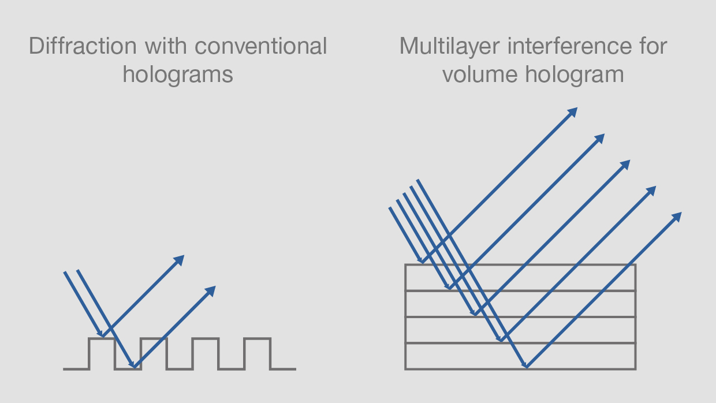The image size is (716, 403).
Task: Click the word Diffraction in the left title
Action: pos(83,46)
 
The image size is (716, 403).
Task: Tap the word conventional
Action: pos(261,46)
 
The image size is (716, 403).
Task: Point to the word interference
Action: pos(569,46)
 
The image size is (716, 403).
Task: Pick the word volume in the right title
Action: pos(480,74)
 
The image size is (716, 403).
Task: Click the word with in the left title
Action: pos(166,46)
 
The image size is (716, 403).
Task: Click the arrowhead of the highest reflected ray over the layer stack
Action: pos(573,112)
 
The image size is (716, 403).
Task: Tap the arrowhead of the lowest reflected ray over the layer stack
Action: pos(677,217)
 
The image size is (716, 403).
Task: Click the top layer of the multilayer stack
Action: pos(520,278)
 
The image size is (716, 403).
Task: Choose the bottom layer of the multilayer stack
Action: pos(520,356)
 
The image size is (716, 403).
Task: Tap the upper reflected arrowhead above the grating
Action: pos(180,260)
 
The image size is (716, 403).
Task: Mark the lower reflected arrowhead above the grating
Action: pos(211,291)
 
